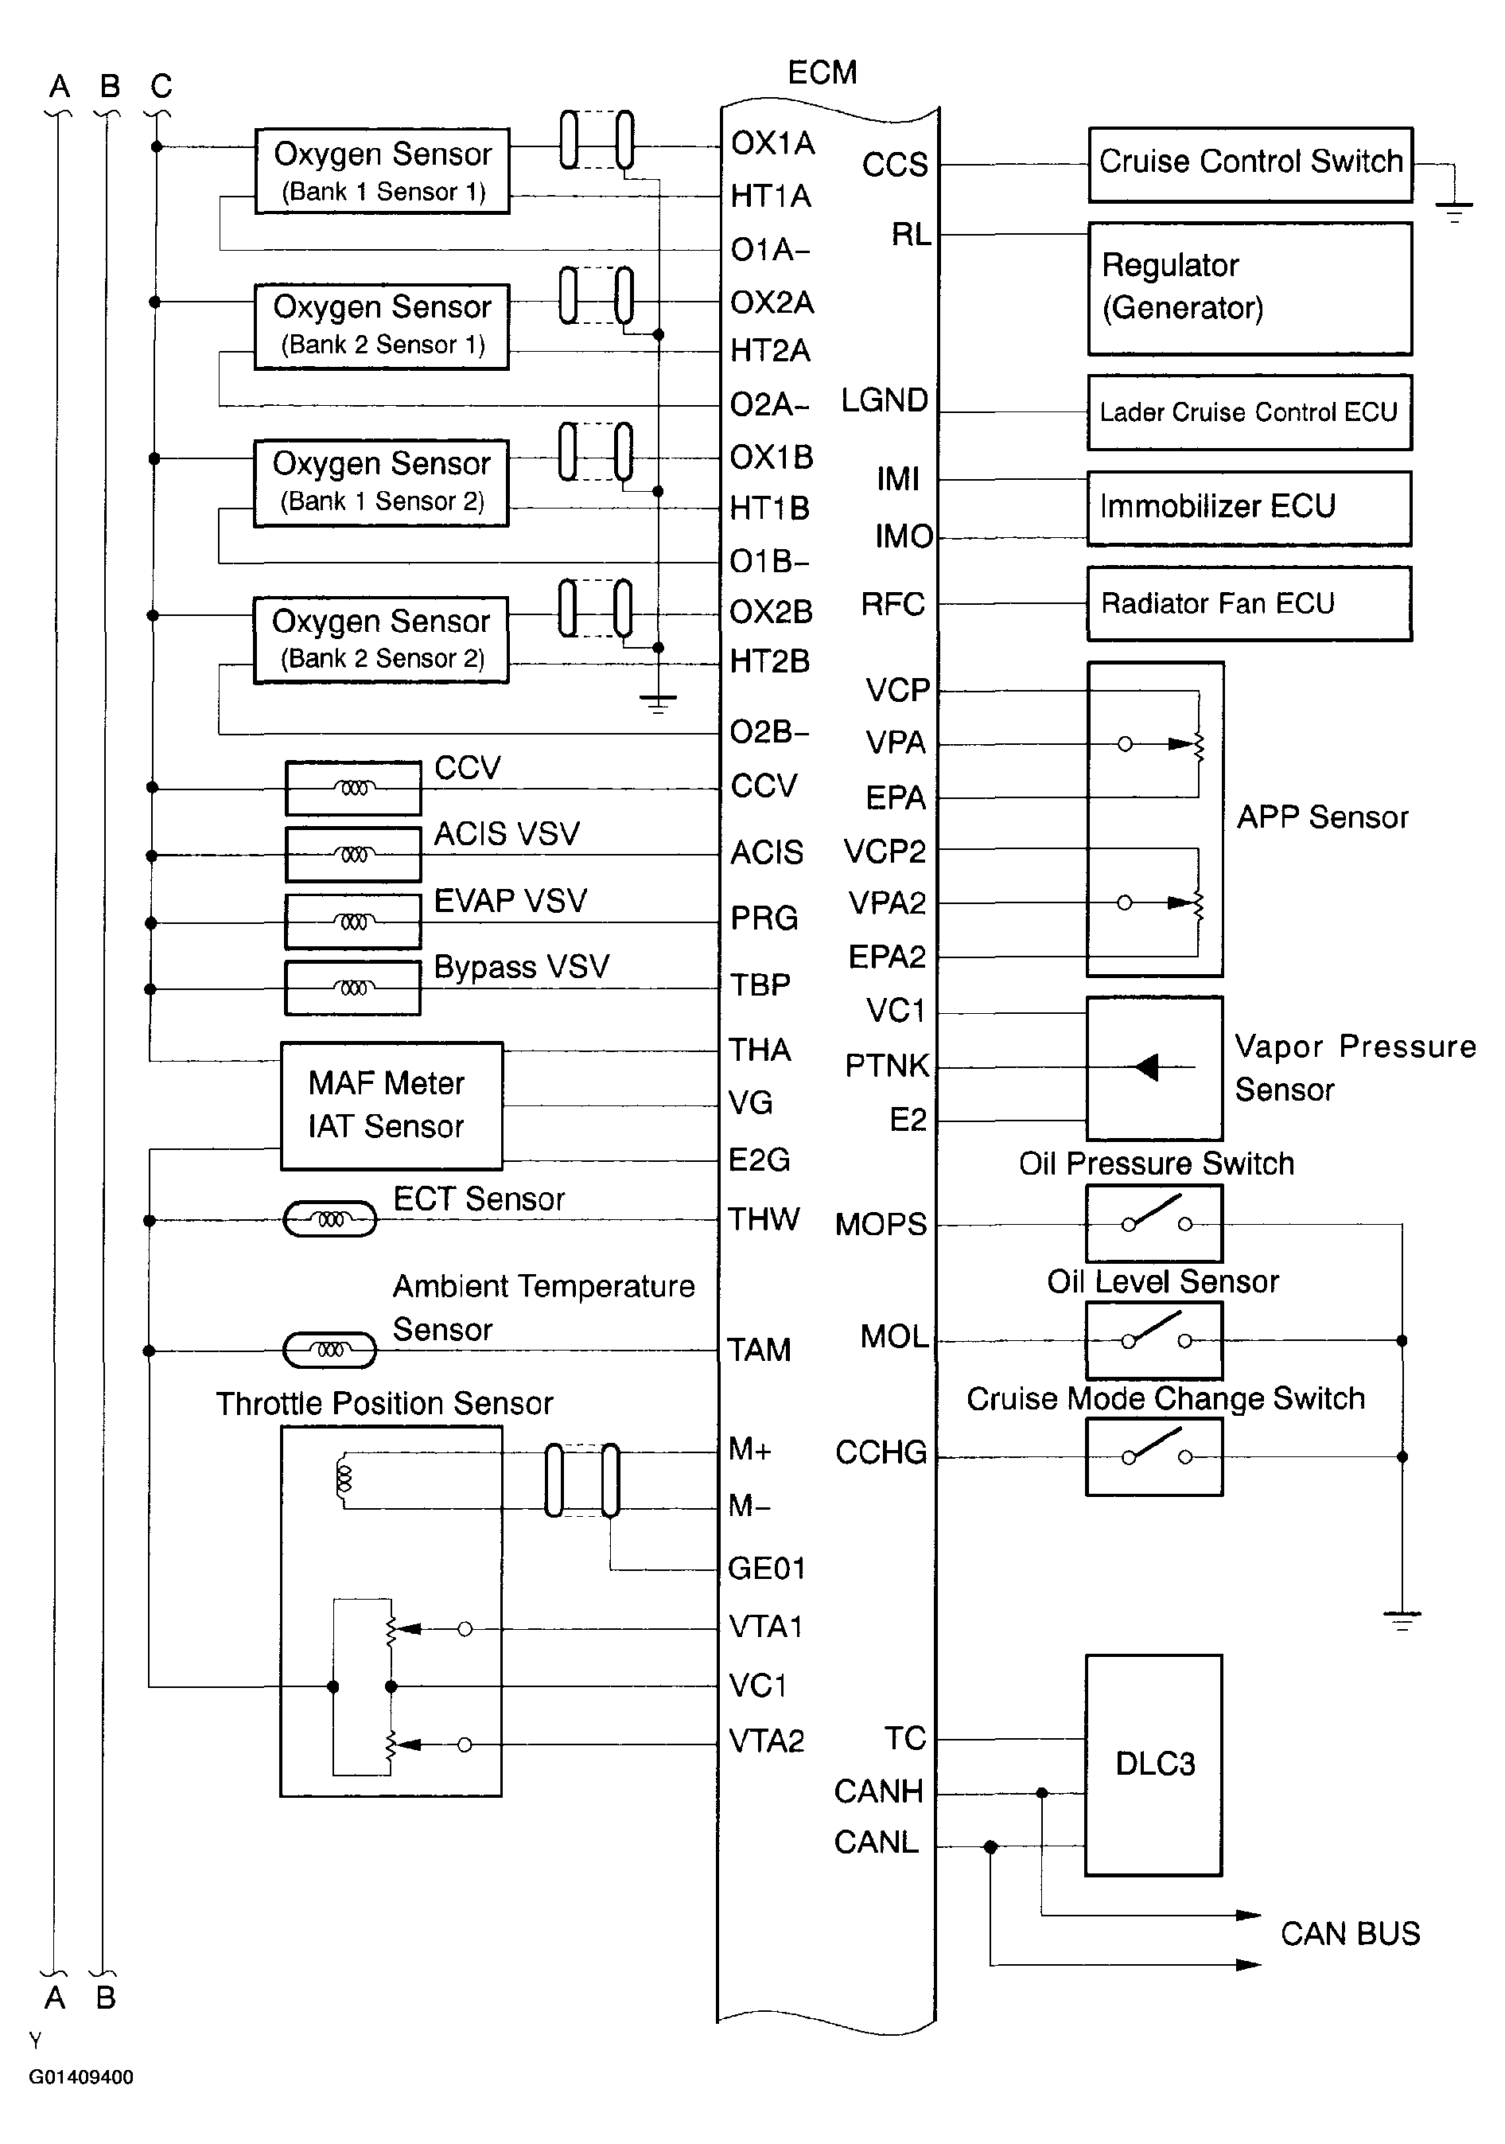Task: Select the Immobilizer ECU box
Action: coord(1248,508)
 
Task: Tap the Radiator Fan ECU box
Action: coord(1248,603)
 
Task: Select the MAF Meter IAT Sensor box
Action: coord(391,1105)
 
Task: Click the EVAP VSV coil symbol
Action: coord(353,922)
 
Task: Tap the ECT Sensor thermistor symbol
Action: coord(329,1219)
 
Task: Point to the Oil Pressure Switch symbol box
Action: coord(1154,1223)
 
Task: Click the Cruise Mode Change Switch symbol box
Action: coord(1154,1456)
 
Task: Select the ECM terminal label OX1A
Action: coord(772,144)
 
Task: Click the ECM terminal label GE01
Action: coord(765,1568)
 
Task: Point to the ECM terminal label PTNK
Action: coord(887,1066)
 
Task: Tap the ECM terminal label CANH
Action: coord(877,1791)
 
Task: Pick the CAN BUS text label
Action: coord(1349,1933)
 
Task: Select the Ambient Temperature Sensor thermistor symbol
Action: coord(329,1351)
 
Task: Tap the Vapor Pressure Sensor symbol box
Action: coord(1154,1067)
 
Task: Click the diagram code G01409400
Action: coord(81,2078)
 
